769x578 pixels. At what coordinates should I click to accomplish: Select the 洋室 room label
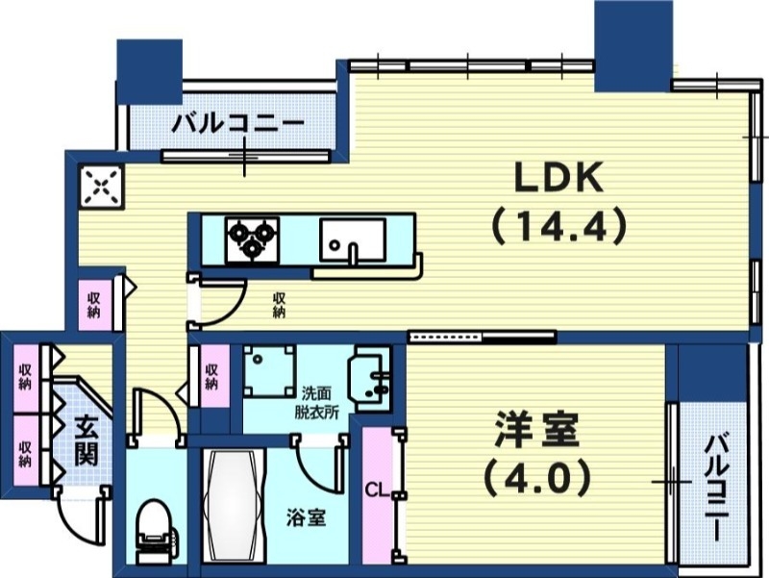click(538, 432)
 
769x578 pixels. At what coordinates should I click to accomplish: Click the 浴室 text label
click(306, 517)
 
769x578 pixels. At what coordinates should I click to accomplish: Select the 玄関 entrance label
click(85, 441)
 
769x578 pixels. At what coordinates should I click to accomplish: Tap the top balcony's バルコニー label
click(237, 125)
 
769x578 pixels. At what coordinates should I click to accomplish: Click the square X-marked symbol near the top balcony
click(102, 187)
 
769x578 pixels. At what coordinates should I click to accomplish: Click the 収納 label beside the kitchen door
click(279, 305)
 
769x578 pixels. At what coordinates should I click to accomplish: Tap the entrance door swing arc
click(81, 519)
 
